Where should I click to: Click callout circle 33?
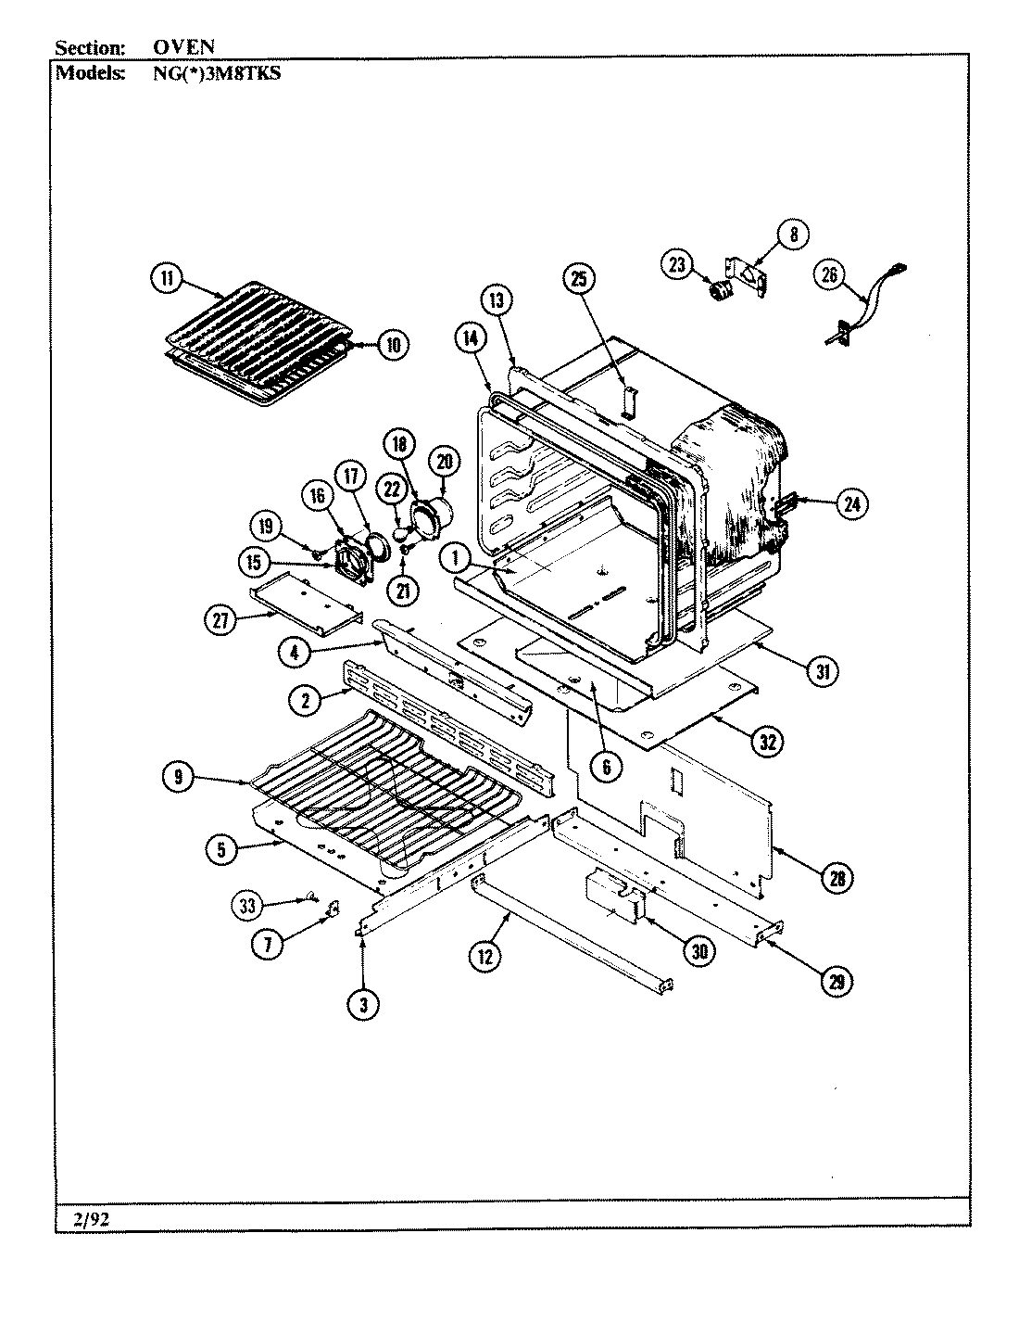click(248, 904)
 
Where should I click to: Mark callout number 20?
click(444, 461)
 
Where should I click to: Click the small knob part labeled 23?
click(719, 292)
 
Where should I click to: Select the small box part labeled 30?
click(611, 896)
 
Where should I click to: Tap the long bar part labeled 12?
click(570, 936)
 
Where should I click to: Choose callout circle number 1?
click(455, 557)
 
